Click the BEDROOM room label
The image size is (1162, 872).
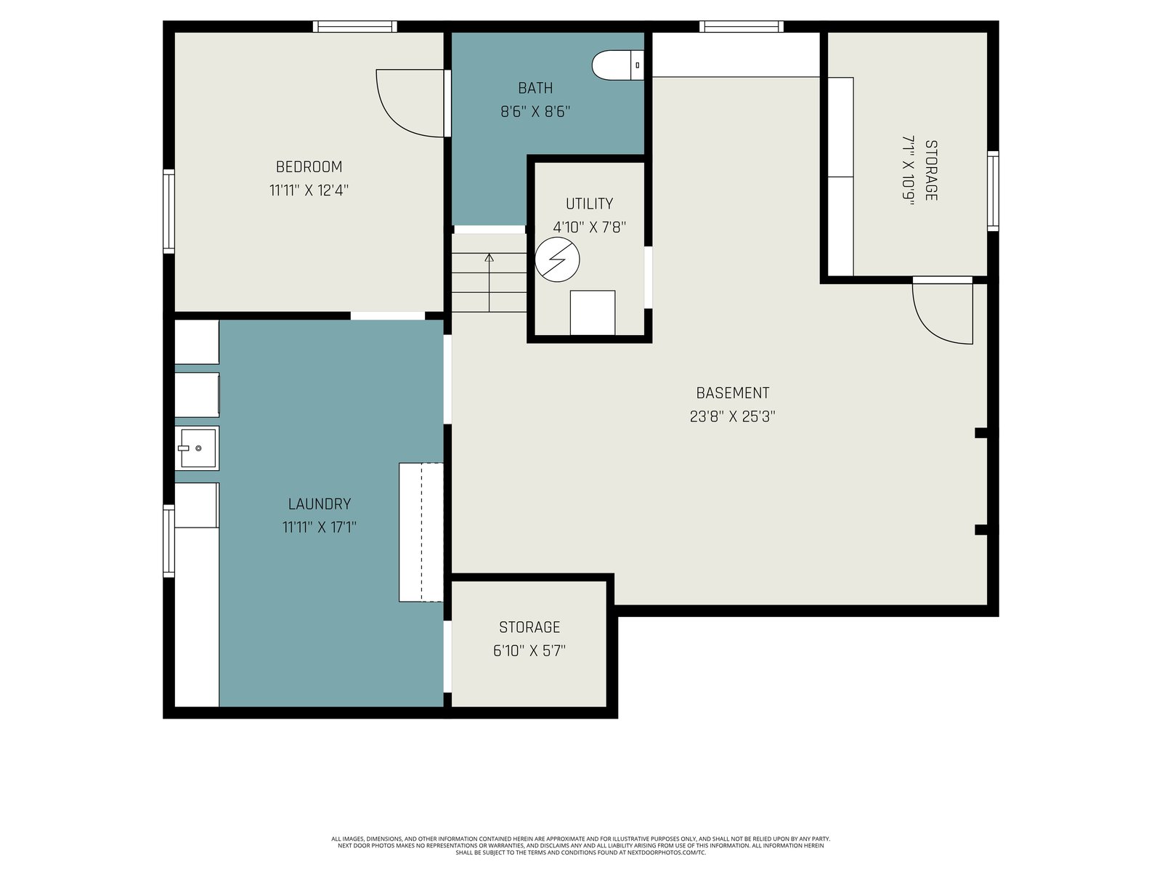coord(309,167)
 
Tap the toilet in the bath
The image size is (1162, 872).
coord(617,65)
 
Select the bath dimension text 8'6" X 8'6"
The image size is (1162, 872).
coord(535,112)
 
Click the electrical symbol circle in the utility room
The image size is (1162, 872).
coord(557,259)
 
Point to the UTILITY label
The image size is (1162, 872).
coord(589,204)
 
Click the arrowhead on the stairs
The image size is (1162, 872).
coord(489,258)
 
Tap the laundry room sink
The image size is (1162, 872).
coord(197,448)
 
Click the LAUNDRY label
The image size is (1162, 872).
coord(320,504)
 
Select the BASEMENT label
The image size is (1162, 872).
coord(733,393)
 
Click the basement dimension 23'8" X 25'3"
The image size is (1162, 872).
coord(733,416)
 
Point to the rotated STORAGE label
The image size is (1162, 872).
coord(930,171)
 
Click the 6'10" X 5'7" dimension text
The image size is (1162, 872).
coord(529,650)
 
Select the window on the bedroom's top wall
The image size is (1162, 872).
coord(354,26)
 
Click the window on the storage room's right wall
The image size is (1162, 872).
coord(993,191)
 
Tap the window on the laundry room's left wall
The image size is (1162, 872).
coord(168,541)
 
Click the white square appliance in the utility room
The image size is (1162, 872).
coord(593,312)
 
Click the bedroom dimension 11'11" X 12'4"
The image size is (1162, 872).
coord(309,190)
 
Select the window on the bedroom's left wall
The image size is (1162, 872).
coord(168,211)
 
